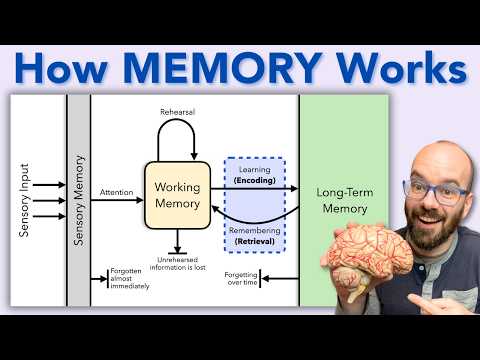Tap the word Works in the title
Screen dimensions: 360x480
[400, 69]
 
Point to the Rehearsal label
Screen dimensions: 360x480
[177, 112]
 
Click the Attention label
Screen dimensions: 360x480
[117, 191]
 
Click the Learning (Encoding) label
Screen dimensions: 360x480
[254, 175]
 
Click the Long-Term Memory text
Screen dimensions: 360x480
[342, 200]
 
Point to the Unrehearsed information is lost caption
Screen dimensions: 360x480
[177, 264]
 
